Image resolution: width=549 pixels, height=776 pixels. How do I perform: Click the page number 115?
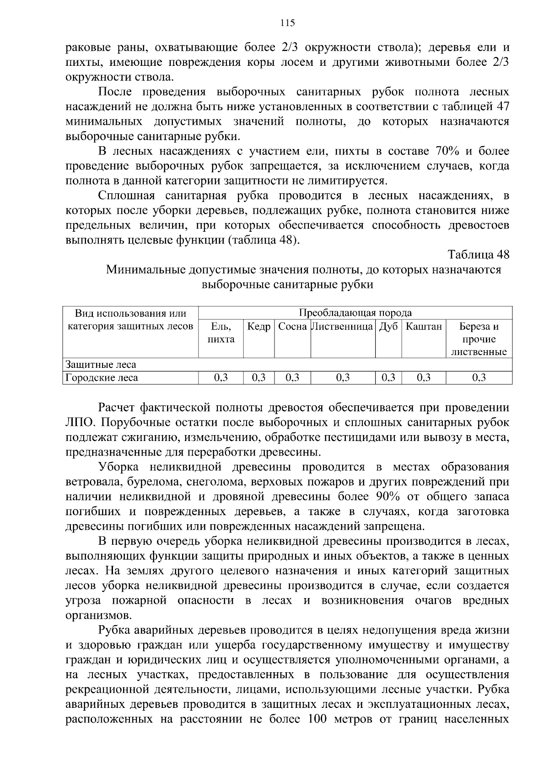coord(287,23)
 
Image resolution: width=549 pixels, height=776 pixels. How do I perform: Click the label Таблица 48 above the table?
coord(478,254)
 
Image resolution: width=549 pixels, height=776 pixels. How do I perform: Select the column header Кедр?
coord(259,327)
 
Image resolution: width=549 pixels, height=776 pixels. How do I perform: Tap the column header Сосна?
coord(292,327)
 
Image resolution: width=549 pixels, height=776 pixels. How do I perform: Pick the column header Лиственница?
coord(343,327)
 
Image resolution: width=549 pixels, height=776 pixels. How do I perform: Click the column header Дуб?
coord(388,327)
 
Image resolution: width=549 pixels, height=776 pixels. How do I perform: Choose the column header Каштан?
coord(424,327)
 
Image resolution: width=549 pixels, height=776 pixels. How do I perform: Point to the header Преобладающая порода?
coord(355,313)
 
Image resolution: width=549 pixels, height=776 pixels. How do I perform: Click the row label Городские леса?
coord(102,377)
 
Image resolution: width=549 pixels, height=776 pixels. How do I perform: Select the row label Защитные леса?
coord(101,365)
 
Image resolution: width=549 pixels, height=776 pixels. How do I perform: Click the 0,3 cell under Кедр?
coord(259,377)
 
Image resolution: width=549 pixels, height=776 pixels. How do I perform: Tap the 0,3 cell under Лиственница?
coord(343,377)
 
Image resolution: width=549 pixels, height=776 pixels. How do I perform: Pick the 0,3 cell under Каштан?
coord(424,377)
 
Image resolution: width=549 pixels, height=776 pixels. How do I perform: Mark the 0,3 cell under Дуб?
coord(388,377)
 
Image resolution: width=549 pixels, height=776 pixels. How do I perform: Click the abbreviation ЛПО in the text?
coord(79,422)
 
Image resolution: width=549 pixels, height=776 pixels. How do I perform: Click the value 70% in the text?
coord(452,151)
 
